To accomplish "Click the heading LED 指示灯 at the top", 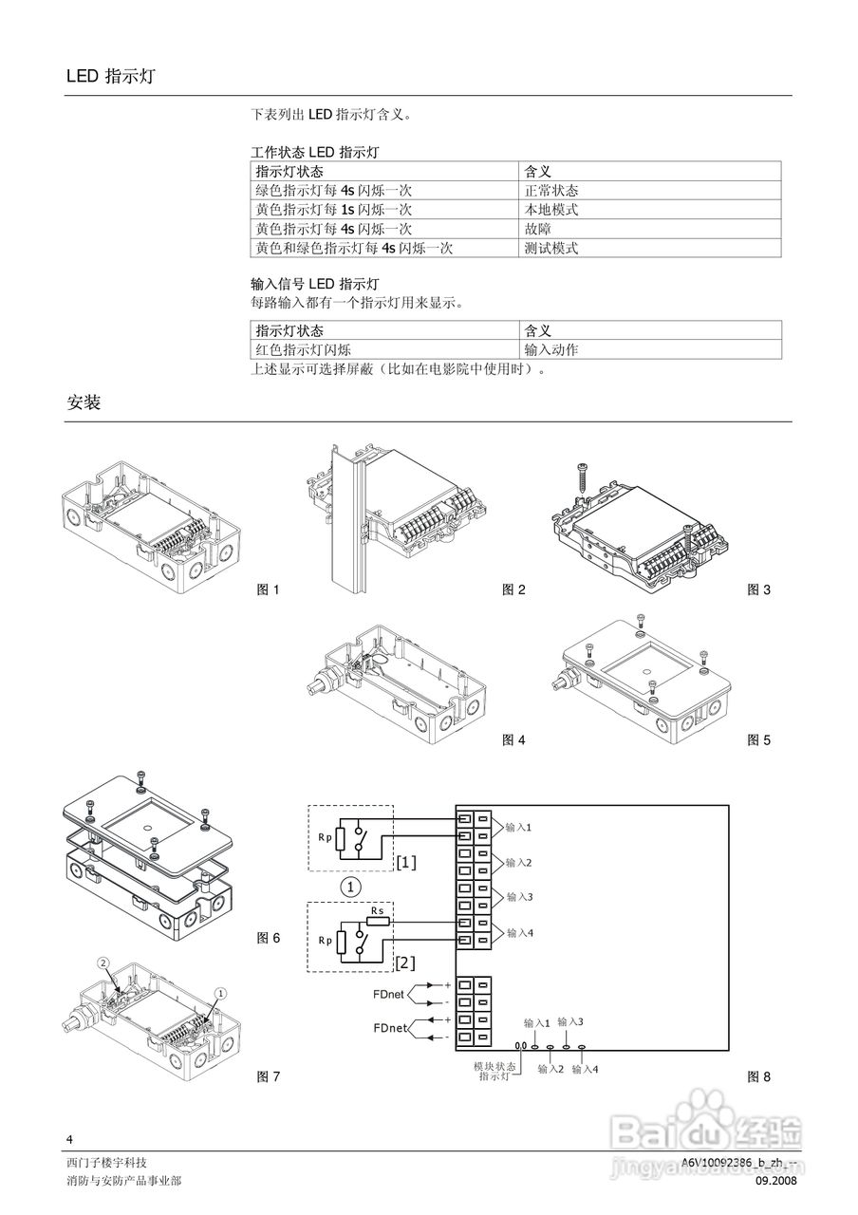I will coord(110,77).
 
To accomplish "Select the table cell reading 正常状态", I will coord(551,191).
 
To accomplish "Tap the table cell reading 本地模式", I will coord(551,210).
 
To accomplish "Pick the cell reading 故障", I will coord(538,229).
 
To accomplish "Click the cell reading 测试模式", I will coord(551,249).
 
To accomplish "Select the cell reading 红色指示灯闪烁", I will coord(303,349).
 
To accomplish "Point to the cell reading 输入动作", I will coord(551,349).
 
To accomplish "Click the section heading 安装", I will coord(84,402).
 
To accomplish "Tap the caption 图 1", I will coord(269,590).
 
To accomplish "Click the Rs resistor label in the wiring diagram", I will coord(377,910).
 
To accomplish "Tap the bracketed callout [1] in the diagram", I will coord(406,862).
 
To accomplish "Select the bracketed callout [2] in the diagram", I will coord(406,963).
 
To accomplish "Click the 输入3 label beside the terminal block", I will coord(519,897).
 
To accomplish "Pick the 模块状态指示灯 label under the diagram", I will coord(494,1072).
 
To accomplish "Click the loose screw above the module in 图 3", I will coord(582,476).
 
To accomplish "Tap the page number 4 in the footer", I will coord(69,1139).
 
